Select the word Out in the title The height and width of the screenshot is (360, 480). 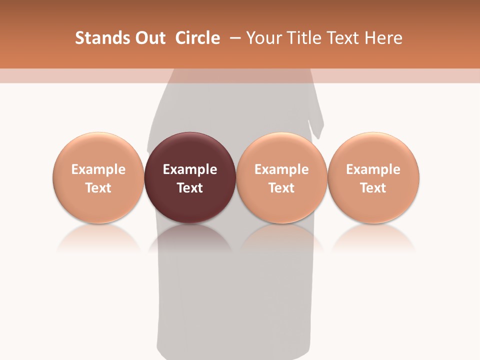tap(149, 38)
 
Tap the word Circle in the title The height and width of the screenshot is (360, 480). tap(197, 38)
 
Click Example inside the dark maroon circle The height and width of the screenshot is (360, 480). tap(190, 169)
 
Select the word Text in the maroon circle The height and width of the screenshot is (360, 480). tap(190, 188)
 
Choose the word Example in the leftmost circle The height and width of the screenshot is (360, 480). tap(98, 169)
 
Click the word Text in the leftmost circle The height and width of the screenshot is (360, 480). tap(98, 188)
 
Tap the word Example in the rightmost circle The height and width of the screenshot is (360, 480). tap(373, 169)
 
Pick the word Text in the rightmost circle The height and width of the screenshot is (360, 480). tap(373, 188)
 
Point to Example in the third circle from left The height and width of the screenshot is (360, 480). tap(281, 169)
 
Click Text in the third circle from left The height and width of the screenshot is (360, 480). tap(281, 188)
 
